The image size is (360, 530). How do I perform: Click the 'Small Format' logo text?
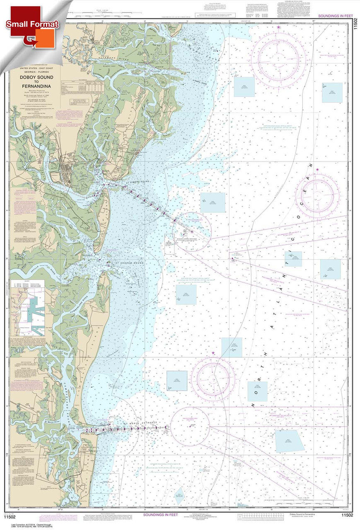[x=32, y=24]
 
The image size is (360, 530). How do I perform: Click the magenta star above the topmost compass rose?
[x=278, y=27]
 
